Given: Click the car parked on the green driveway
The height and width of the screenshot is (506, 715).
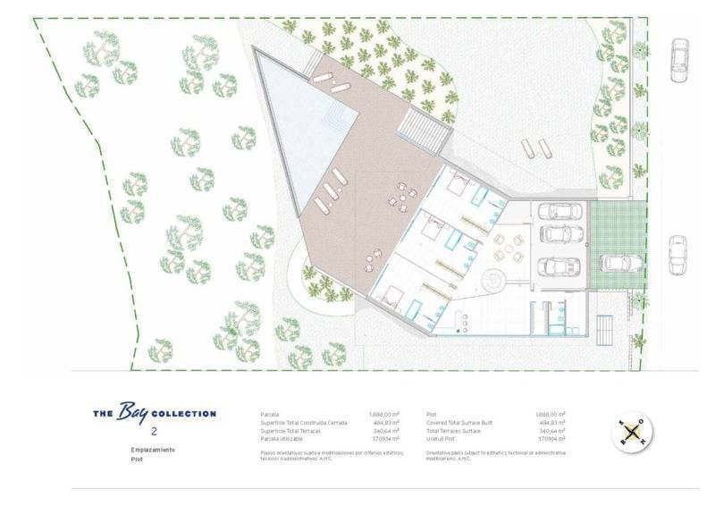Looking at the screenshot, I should pyautogui.click(x=620, y=262).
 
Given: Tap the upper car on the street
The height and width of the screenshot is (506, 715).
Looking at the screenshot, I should pyautogui.click(x=680, y=60).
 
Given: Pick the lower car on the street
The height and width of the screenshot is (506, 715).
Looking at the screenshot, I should pyautogui.click(x=677, y=256).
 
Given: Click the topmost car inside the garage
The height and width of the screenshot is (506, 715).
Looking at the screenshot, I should pyautogui.click(x=561, y=211).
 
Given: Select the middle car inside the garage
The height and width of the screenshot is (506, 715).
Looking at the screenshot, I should pyautogui.click(x=561, y=235).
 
